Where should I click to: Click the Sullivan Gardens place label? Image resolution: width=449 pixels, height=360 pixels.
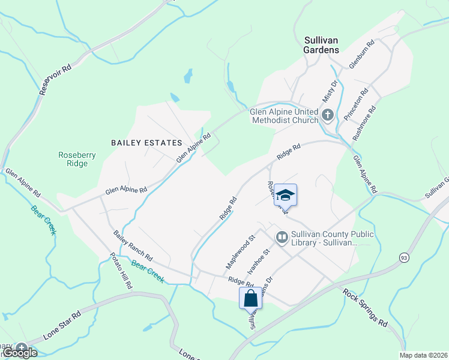(321, 45)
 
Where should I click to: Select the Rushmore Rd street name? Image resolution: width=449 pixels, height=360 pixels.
(364, 124)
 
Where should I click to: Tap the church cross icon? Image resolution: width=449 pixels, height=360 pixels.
(328, 115)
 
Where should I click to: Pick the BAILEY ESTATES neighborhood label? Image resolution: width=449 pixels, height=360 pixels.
(146, 143)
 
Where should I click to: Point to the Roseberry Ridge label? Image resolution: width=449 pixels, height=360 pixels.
(77, 159)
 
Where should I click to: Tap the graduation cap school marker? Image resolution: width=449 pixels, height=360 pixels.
(286, 195)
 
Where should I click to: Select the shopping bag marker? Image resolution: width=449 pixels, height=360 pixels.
(250, 298)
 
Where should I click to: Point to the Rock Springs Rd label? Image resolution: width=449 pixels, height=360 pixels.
(366, 308)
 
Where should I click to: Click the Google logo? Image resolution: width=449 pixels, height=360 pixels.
(20, 352)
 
